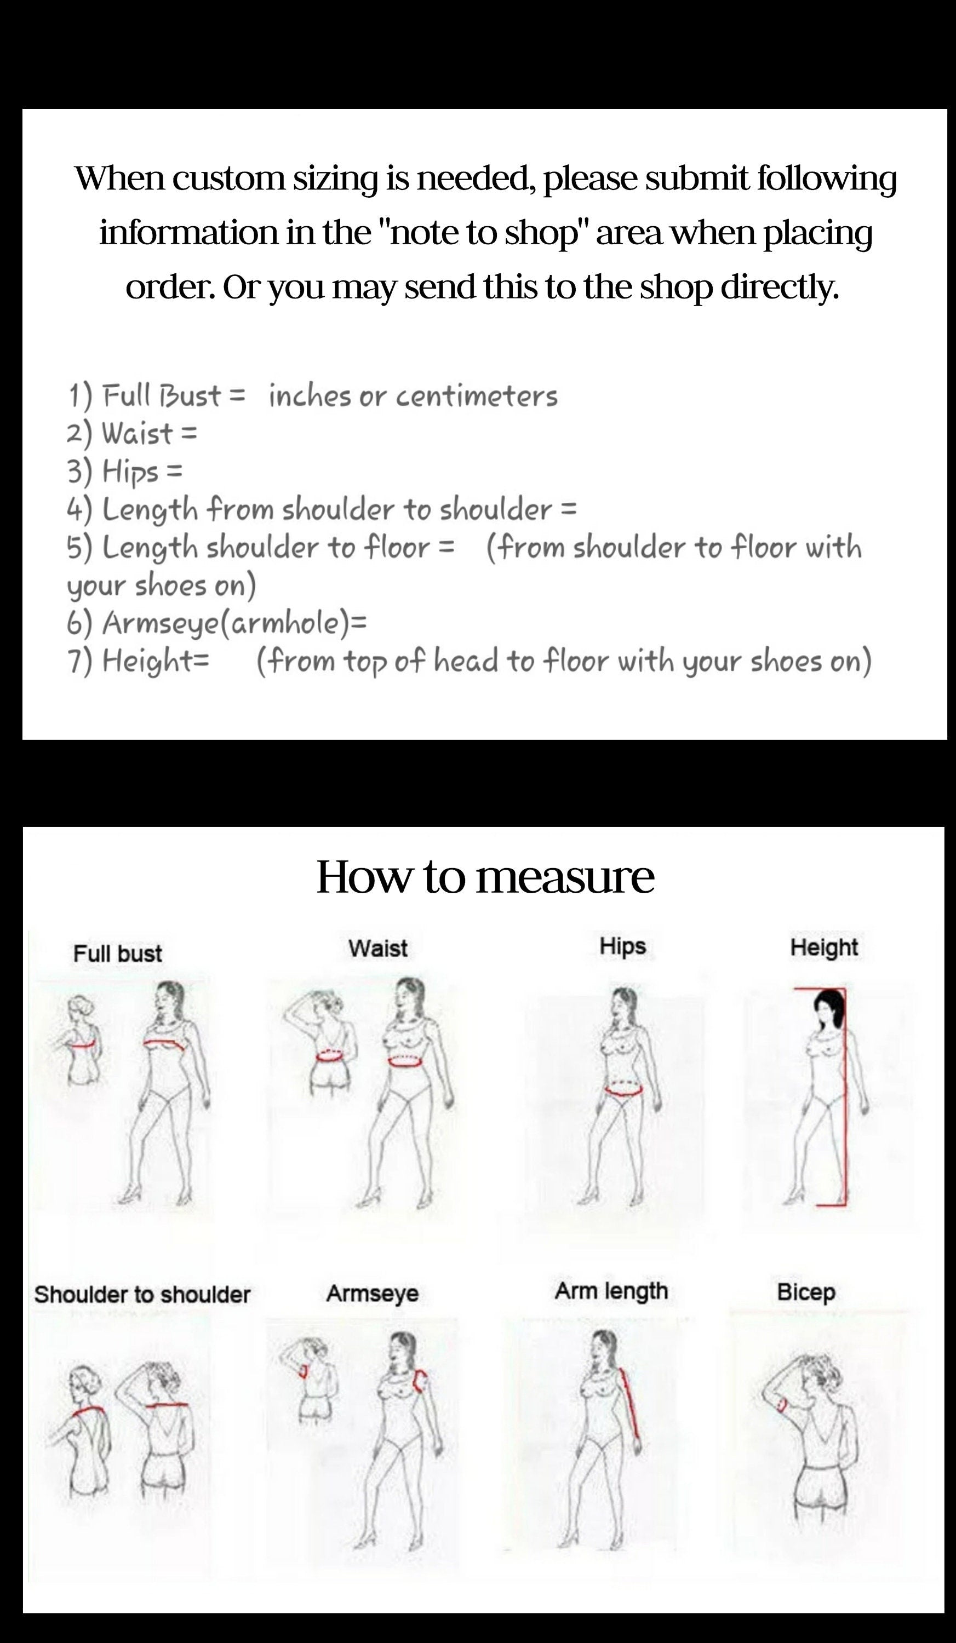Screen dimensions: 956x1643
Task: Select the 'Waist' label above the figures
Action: coord(377,948)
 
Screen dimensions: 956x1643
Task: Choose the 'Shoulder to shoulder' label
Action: coord(142,1294)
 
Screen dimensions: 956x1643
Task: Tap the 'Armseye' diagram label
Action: coord(373,1294)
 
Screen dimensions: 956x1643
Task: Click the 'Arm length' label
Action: coord(611,1291)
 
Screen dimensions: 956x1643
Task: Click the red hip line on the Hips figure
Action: coord(624,1088)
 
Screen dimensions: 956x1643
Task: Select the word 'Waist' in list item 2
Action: coord(138,433)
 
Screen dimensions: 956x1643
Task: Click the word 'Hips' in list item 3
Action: coord(130,471)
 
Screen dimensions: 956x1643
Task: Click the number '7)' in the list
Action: coord(79,661)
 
